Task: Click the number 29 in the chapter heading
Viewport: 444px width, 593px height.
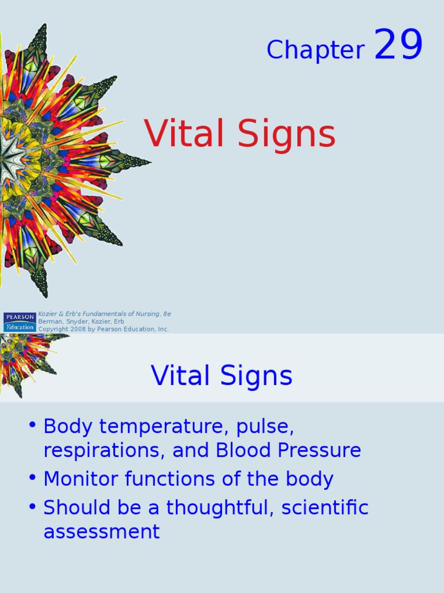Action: (x=398, y=44)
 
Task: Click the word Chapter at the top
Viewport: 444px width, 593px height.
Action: (x=316, y=50)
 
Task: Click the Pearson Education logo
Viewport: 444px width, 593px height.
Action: (x=20, y=322)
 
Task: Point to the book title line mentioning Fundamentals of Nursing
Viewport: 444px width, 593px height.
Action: (x=105, y=314)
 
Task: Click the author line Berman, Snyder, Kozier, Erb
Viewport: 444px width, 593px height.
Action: (x=81, y=321)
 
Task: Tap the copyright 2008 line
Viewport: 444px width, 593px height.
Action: (x=103, y=329)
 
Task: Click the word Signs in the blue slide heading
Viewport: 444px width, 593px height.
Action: (x=256, y=376)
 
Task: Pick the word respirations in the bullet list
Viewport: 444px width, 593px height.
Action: (x=104, y=451)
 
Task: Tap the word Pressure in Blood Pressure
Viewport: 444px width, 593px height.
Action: (x=319, y=450)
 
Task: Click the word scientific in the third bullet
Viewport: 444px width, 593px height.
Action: (x=325, y=507)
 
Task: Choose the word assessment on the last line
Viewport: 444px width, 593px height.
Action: (x=102, y=532)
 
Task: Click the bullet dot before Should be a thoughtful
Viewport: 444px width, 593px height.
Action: (x=32, y=506)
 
